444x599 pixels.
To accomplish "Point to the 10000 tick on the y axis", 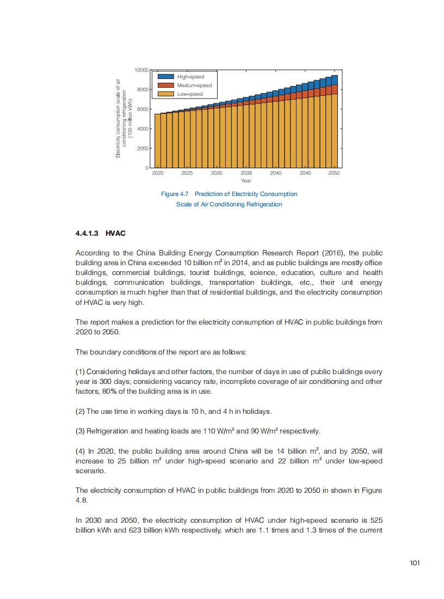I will pyautogui.click(x=141, y=70).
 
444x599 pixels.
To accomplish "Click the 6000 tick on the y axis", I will pyautogui.click(x=143, y=109).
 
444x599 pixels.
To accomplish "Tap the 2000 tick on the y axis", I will pyautogui.click(x=143, y=148).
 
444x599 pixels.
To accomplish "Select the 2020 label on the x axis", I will pyautogui.click(x=158, y=173).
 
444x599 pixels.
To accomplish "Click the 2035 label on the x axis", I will pyautogui.click(x=246, y=173).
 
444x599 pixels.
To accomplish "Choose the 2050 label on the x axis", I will pyautogui.click(x=334, y=173).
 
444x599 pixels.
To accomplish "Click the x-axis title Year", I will pyautogui.click(x=246, y=180).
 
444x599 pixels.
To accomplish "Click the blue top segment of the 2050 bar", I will pyautogui.click(x=334, y=80).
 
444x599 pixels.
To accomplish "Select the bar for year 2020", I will pyautogui.click(x=158, y=140).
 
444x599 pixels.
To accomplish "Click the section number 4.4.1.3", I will pyautogui.click(x=87, y=233).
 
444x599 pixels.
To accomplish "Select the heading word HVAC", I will pyautogui.click(x=116, y=233).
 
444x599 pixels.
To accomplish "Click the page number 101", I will pyautogui.click(x=415, y=563).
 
